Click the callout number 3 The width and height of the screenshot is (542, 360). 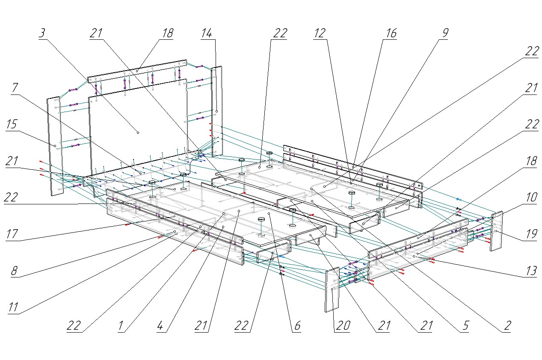pos(42,34)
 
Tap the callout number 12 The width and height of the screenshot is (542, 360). pos(320,34)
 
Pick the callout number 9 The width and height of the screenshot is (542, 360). pos(443,34)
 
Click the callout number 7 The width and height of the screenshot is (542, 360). pos(15,88)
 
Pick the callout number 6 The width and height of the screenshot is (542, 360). pos(296,326)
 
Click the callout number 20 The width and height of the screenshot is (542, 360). pos(343,326)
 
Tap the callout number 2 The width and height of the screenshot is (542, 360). pos(506,326)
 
